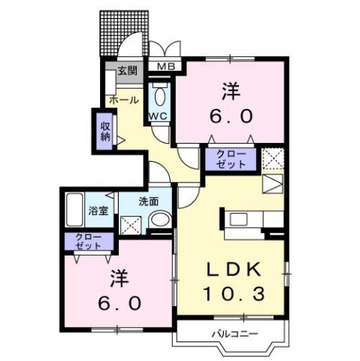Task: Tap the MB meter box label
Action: click(x=165, y=67)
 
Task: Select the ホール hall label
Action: click(x=123, y=100)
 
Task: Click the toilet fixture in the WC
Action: click(x=159, y=96)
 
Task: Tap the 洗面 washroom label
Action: click(x=147, y=201)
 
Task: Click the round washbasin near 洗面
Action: click(x=159, y=219)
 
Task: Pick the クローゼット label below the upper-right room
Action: click(x=231, y=158)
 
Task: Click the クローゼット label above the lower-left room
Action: click(x=89, y=241)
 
